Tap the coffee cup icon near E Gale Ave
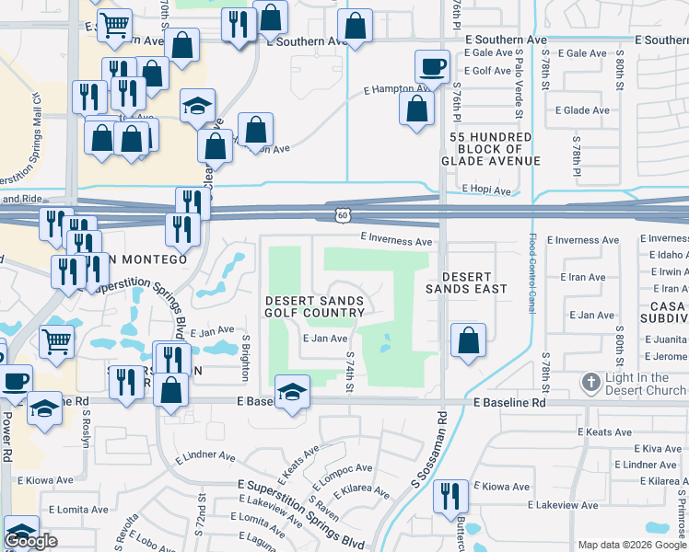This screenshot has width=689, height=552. click(431, 66)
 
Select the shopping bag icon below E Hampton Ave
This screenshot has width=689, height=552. click(416, 109)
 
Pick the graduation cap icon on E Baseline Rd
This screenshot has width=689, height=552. click(293, 393)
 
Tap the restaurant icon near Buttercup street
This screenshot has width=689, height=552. click(450, 495)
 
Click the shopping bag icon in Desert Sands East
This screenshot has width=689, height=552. click(468, 339)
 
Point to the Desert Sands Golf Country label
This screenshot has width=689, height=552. click(315, 306)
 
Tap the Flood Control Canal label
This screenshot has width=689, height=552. click(531, 273)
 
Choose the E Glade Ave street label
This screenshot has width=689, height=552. click(582, 110)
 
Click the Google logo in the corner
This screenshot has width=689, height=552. click(30, 542)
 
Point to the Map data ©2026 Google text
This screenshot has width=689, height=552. click(631, 545)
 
